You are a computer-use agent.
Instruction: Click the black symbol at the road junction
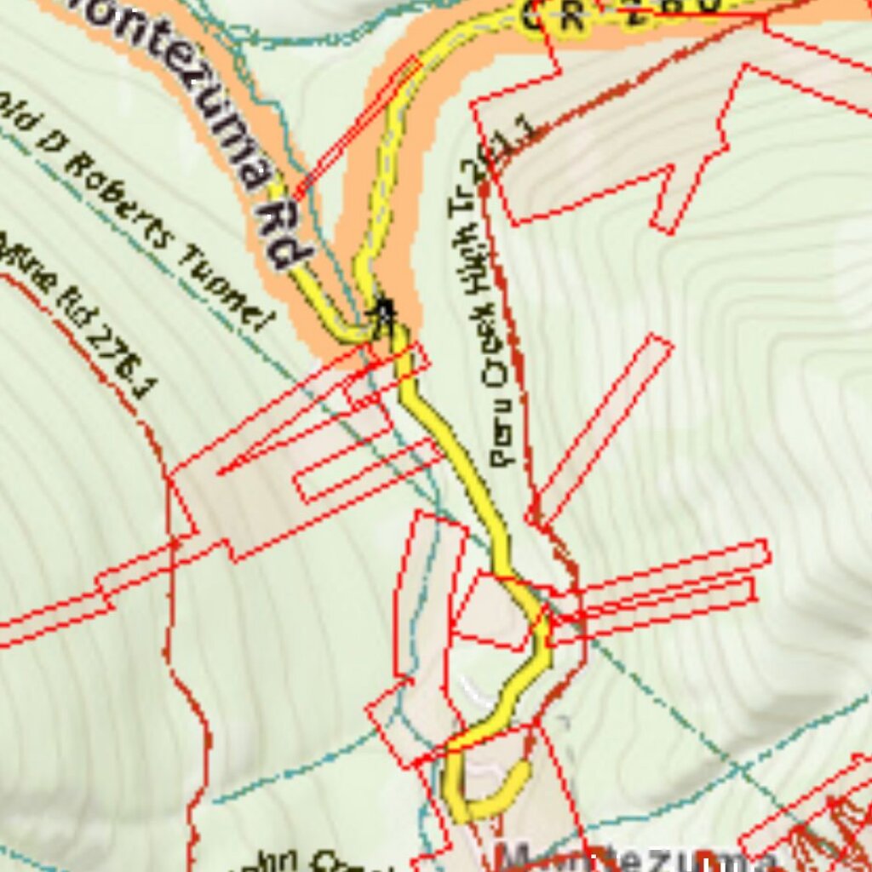click(384, 316)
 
